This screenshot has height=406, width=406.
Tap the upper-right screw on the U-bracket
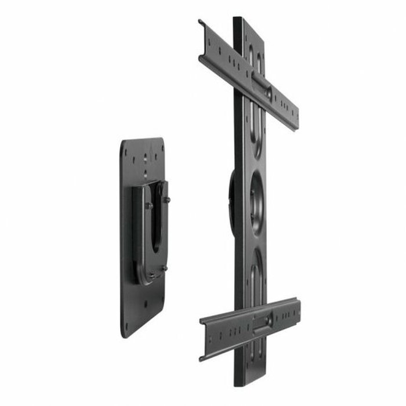[x=168, y=200]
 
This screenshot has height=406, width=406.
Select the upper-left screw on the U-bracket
[x=148, y=205]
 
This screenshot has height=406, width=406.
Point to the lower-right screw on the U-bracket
[x=165, y=268]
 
